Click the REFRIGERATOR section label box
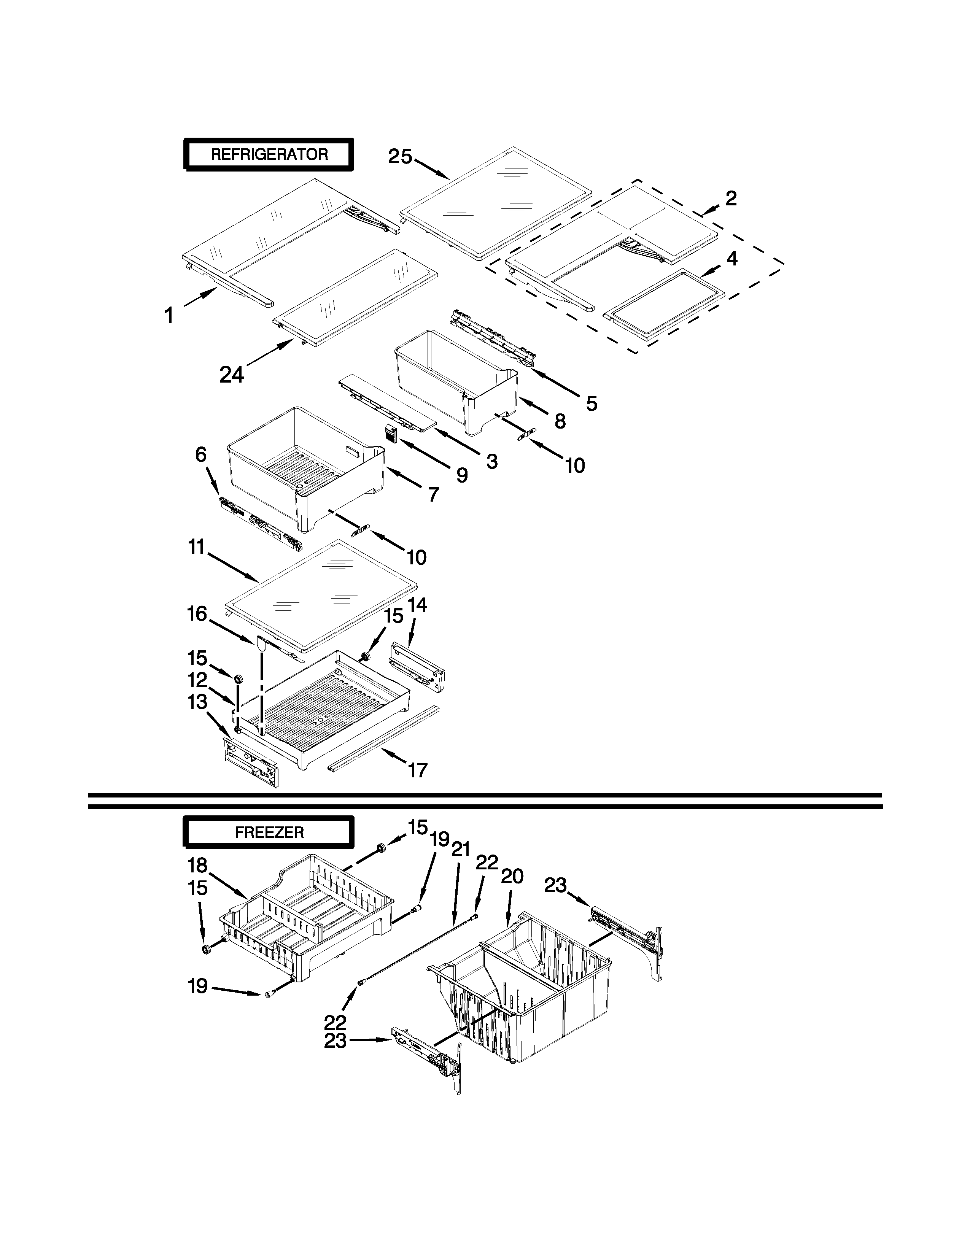pyautogui.click(x=268, y=154)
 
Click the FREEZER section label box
pyautogui.click(x=268, y=832)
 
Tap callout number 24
pyautogui.click(x=232, y=375)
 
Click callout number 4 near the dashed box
pyautogui.click(x=731, y=259)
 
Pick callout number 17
pyautogui.click(x=418, y=769)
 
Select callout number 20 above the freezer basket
pyautogui.click(x=512, y=876)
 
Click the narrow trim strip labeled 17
pyautogui.click(x=382, y=739)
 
